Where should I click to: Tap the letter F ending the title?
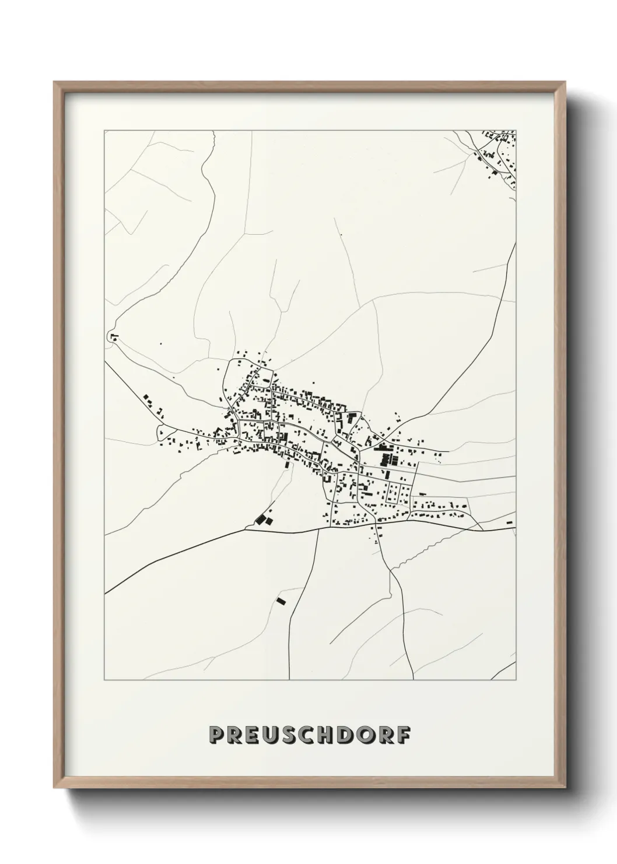[402, 736]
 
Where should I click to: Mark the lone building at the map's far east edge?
[510, 522]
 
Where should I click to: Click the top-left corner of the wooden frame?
[55, 82]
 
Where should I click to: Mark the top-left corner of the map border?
[104, 131]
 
